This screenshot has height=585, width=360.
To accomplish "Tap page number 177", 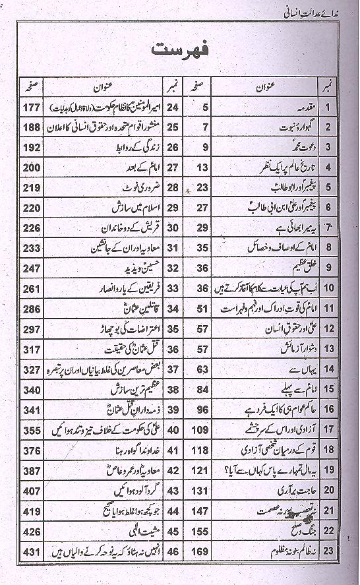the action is coord(31,107).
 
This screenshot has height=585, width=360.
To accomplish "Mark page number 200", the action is coord(31,168).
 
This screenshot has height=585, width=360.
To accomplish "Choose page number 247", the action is coord(31,268).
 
